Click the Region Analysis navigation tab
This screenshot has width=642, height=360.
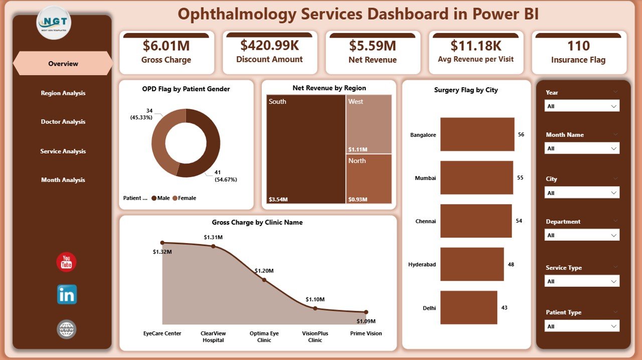(x=63, y=93)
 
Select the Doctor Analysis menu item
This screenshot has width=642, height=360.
(x=63, y=122)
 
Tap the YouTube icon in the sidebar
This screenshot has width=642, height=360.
(x=66, y=262)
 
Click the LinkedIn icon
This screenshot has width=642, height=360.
(x=67, y=295)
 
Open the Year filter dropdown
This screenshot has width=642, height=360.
(x=582, y=106)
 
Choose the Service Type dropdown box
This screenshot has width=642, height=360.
(x=582, y=281)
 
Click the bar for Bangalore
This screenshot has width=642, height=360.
(x=477, y=134)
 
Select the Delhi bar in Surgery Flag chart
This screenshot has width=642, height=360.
(x=468, y=307)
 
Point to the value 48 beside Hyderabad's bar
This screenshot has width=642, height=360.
(x=511, y=264)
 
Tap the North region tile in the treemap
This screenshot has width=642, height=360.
(x=369, y=178)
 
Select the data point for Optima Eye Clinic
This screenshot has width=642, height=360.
(x=264, y=280)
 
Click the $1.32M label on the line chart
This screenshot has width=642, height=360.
(x=163, y=251)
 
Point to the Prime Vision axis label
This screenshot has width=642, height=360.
(x=366, y=333)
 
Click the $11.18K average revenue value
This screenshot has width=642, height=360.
(x=475, y=46)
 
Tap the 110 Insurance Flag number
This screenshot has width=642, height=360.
(x=578, y=46)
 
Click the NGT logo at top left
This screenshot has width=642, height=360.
(x=54, y=23)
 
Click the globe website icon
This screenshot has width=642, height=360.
(x=67, y=329)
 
